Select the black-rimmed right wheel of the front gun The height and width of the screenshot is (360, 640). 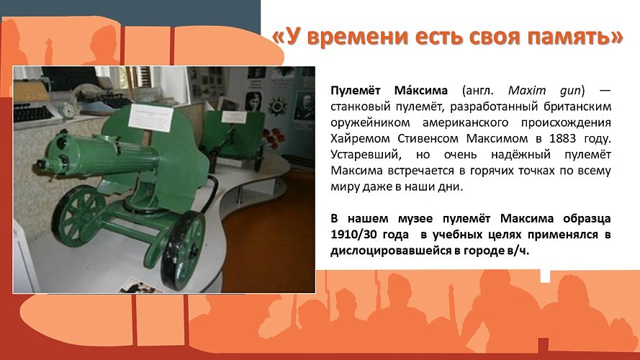[x=182, y=248]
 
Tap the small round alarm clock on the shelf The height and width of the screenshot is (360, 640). [x=66, y=109]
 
